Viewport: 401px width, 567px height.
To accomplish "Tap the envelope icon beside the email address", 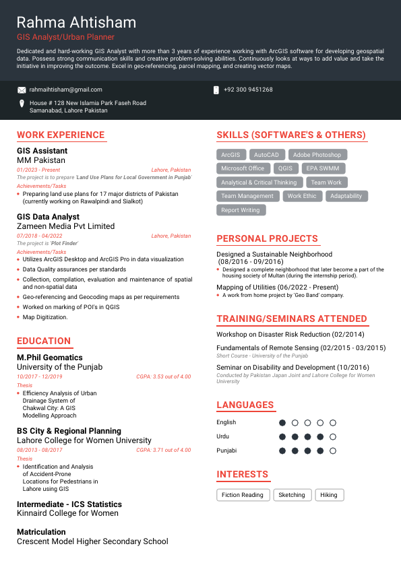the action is click(22, 90).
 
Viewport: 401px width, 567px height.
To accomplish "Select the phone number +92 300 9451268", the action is click(248, 90).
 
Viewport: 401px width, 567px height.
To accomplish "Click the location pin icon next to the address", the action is click(22, 104).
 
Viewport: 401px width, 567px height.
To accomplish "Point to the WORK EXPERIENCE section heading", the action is click(61, 135).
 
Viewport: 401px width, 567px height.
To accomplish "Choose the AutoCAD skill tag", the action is click(266, 155).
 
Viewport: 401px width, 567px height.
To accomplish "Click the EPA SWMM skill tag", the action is click(322, 168).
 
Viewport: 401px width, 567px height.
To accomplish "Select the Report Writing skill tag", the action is click(241, 210).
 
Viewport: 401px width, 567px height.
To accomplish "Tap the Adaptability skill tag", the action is click(346, 196).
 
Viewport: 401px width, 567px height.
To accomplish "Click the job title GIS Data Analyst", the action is click(48, 217).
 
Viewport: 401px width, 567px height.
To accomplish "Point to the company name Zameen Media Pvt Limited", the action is click(65, 226).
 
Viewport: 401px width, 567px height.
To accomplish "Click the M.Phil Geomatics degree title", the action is click(50, 358).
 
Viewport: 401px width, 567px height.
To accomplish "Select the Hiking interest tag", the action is click(329, 495).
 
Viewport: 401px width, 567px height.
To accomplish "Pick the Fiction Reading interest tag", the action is click(243, 495).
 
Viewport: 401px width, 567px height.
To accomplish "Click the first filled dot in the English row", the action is click(282, 423).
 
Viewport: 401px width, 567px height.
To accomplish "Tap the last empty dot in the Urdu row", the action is click(333, 436).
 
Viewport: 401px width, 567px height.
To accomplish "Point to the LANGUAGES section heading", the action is click(245, 405).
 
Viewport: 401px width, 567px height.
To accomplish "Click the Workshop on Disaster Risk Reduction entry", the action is click(290, 334).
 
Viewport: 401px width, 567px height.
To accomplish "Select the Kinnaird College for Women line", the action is click(67, 513).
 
